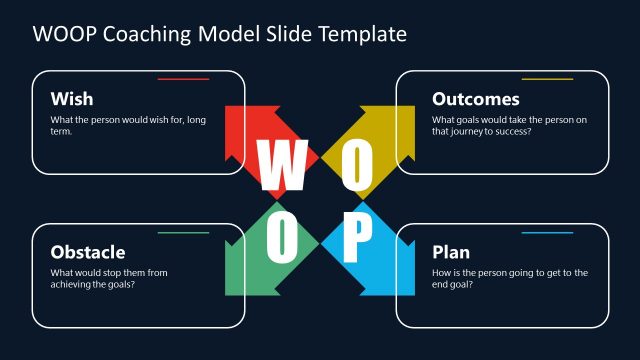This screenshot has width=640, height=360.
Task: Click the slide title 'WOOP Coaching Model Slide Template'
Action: (220, 34)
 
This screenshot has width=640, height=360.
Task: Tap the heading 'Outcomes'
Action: (475, 99)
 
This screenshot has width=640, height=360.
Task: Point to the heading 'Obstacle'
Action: (88, 252)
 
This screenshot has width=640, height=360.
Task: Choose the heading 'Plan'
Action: (450, 252)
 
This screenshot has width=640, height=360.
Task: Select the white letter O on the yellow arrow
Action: (357, 166)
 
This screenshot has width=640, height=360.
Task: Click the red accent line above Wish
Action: (183, 79)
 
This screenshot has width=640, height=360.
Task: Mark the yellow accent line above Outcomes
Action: (547, 79)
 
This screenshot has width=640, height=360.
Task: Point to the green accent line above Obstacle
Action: (183, 233)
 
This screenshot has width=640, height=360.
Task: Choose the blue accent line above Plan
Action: (547, 233)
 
